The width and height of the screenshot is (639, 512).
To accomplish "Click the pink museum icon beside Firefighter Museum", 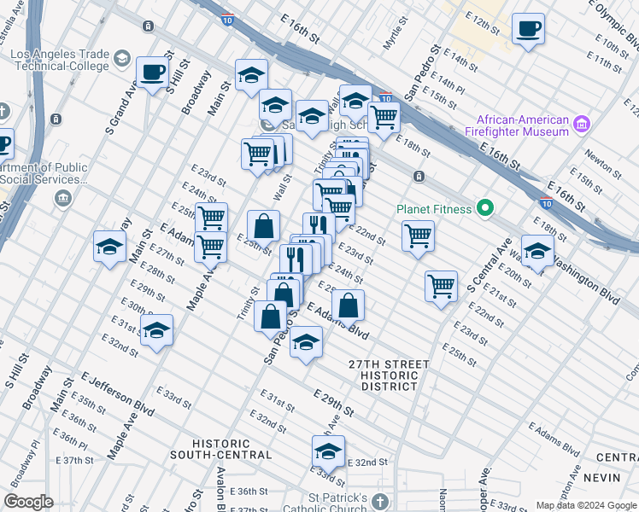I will pos(583,125).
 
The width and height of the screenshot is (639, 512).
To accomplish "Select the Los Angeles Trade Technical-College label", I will pos(60,60).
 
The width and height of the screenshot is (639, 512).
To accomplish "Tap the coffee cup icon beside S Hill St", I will pos(153,73).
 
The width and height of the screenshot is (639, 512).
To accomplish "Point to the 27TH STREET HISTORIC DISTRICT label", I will pos(389,375).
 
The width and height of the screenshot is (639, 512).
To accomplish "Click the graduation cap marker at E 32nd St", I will pos(328,451).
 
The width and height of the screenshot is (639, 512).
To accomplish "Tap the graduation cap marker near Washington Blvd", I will pos(537,252).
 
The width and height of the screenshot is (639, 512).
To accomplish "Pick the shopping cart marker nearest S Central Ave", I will pos(441,286).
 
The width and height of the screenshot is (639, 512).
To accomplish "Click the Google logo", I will pos(29,502).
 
